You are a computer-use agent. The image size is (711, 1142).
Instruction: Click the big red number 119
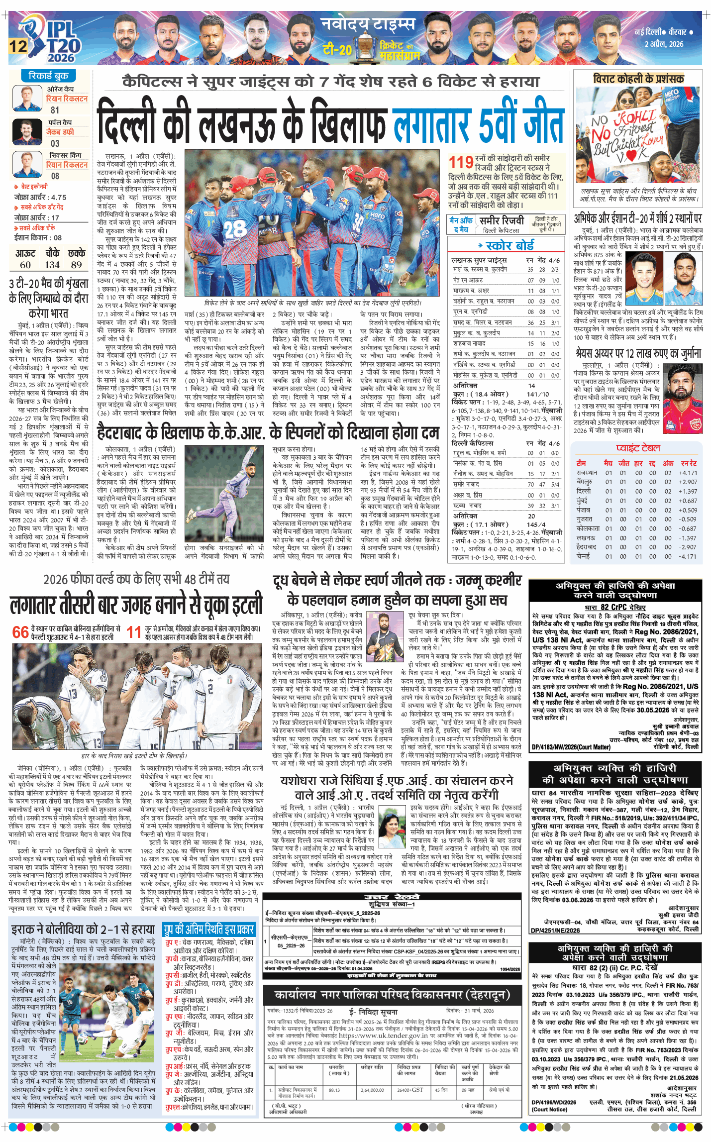[461, 163]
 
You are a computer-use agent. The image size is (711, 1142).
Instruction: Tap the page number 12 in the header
[18, 47]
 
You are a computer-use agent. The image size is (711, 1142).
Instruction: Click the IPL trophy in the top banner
[366, 48]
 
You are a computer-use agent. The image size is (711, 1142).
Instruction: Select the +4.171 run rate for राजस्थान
[689, 473]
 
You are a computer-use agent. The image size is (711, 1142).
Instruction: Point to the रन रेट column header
[689, 463]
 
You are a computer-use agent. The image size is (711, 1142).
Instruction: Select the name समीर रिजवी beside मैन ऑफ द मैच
[501, 220]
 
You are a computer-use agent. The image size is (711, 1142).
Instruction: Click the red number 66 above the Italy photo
[20, 632]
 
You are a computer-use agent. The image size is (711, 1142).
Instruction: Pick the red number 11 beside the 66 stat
[133, 632]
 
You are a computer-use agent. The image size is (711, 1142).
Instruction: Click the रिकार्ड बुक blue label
[48, 76]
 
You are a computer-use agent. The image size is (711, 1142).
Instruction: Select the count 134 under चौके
[52, 265]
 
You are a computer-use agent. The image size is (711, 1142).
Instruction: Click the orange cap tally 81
[55, 110]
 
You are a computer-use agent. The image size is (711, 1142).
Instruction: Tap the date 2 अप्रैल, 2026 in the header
[664, 44]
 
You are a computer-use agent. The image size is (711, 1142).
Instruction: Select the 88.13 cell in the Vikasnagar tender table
[334, 1090]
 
